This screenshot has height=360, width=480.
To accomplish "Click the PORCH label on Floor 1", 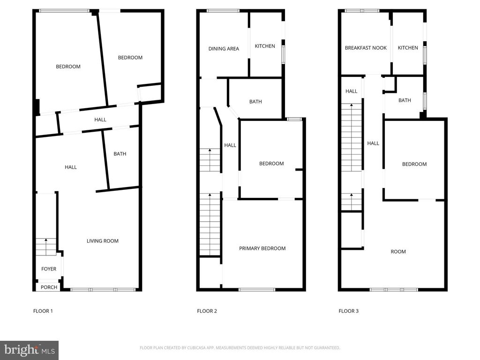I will point(49,287).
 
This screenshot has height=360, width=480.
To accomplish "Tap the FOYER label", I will point(49,269).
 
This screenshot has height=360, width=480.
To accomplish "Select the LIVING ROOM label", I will point(102,241).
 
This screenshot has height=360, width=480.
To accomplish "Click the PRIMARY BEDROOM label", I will point(262,248).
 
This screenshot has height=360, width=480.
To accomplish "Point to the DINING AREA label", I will point(224,49).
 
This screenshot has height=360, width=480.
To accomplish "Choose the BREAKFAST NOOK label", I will point(366,48).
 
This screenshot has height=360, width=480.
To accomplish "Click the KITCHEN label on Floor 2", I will point(265,46).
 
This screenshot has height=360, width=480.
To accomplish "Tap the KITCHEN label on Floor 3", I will point(408,48).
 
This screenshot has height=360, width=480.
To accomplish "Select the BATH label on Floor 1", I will point(120,154).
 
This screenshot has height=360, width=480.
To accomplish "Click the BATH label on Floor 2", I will point(255,102).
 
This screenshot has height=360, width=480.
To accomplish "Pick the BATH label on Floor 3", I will point(405,100).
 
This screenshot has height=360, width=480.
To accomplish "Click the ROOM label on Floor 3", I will point(398,252).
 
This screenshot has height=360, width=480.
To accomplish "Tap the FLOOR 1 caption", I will point(43,311).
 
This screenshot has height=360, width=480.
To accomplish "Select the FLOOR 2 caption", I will point(207,311).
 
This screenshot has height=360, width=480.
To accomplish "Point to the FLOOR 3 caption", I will point(348,311).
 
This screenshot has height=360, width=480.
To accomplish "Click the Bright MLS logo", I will point(29,350).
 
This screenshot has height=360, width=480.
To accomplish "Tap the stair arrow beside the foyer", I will point(46,240).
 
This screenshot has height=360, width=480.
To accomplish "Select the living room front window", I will point(103,290).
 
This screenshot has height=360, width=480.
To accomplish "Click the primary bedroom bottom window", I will point(257,290).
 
